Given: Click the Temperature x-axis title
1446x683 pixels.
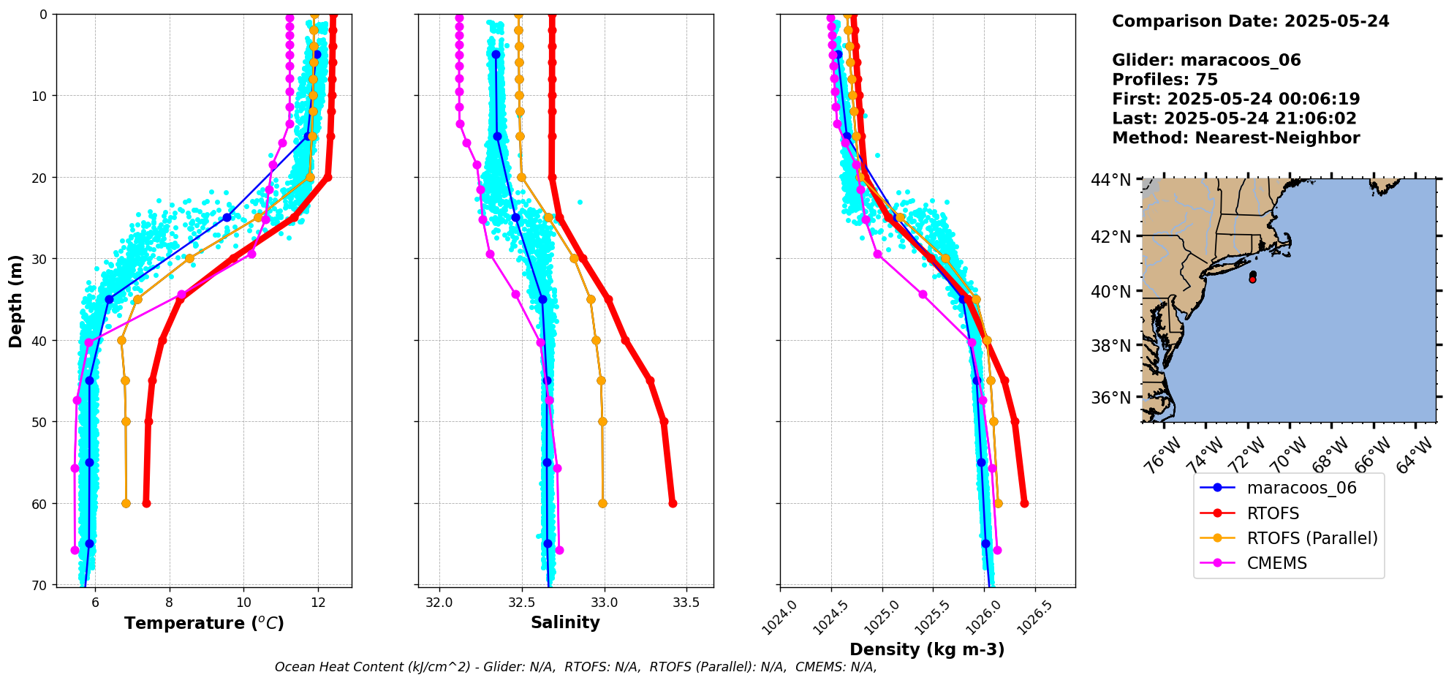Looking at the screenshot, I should pyautogui.click(x=204, y=623).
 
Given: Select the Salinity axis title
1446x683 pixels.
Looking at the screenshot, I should pyautogui.click(x=565, y=623).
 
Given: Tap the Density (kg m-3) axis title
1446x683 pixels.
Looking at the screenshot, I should pyautogui.click(x=927, y=649).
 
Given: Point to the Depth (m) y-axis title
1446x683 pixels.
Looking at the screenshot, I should pyautogui.click(x=16, y=301).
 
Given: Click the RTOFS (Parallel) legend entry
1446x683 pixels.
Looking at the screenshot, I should pyautogui.click(x=1311, y=538).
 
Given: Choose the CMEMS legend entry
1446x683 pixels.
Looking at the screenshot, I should pyautogui.click(x=1276, y=563).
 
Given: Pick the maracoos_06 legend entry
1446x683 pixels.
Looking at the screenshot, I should pyautogui.click(x=1301, y=488).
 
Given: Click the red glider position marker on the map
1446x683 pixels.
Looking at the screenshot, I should pyautogui.click(x=1252, y=279).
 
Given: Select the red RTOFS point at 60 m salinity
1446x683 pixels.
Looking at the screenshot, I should pyautogui.click(x=673, y=503).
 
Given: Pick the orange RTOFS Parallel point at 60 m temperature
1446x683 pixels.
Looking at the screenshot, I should pyautogui.click(x=126, y=503).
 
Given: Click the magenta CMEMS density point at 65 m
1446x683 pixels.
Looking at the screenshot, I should pyautogui.click(x=997, y=550).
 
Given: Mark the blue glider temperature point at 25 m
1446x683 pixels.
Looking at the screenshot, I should pyautogui.click(x=227, y=217).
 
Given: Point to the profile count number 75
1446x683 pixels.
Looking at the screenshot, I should pyautogui.click(x=1207, y=80).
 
